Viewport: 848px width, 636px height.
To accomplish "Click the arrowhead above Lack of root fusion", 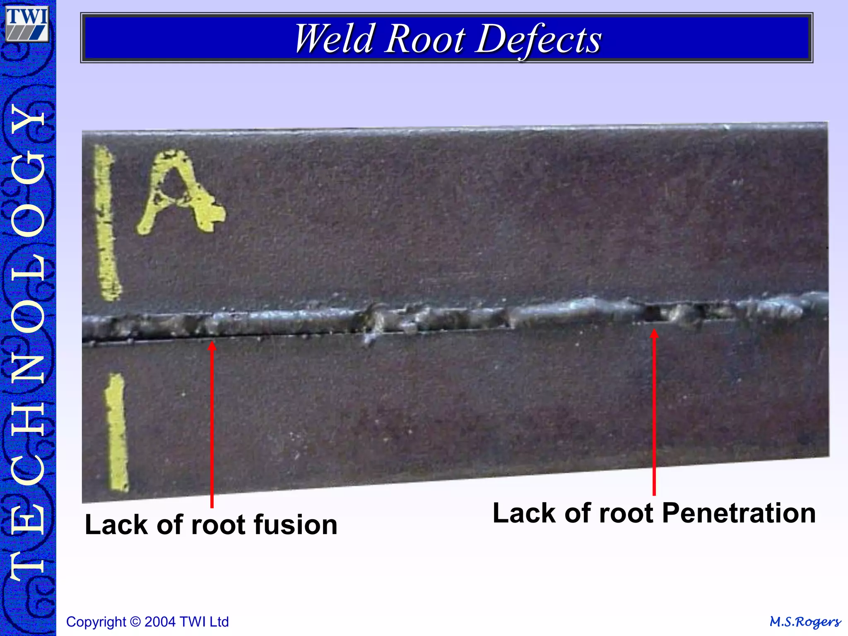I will (212, 346).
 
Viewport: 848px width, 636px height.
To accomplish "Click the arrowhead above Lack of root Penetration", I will (654, 334).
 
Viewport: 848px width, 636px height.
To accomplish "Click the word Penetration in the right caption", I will (739, 513).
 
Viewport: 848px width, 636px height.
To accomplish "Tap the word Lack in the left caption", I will (116, 525).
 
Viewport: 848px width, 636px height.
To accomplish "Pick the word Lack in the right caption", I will (524, 513).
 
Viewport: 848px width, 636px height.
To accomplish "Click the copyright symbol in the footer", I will (135, 622).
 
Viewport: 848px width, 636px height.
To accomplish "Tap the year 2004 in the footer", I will (160, 622).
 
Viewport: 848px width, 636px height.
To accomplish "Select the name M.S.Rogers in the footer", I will (805, 622).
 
